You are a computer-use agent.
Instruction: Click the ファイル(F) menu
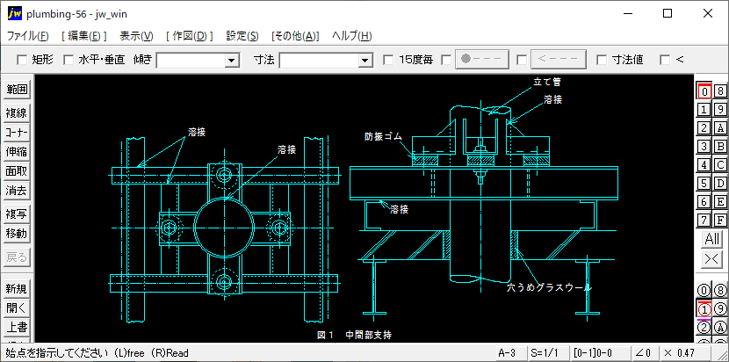point(28,36)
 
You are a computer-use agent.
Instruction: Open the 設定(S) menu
point(242,36)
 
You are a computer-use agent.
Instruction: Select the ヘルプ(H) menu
point(351,36)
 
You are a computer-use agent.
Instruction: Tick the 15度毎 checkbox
point(389,60)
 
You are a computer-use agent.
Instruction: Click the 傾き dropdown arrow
point(232,60)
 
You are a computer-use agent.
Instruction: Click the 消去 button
point(17,190)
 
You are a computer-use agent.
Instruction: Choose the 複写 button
point(17,214)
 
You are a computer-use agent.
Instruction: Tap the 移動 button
point(17,234)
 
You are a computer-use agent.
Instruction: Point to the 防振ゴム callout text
point(382,137)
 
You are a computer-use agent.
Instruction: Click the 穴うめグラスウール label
point(548,287)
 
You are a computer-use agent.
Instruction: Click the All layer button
point(711,239)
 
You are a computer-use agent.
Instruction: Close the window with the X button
point(708,13)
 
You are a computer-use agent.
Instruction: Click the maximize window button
point(668,13)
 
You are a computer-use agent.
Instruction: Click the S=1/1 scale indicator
point(545,353)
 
